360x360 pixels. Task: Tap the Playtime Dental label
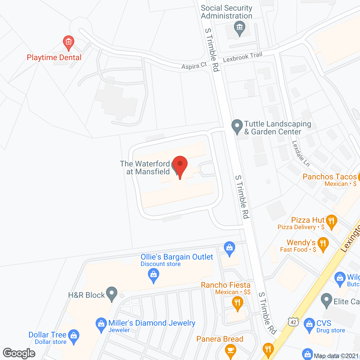pos(54,58)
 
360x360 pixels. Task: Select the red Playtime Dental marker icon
pos(68,42)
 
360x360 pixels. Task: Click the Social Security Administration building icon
pos(240,28)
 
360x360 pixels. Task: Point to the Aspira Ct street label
pos(194,66)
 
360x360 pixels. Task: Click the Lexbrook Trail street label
pos(242,57)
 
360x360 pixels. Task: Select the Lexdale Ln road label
pos(301,154)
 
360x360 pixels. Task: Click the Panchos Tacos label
pos(330,177)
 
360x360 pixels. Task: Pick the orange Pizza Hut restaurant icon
pos(332,221)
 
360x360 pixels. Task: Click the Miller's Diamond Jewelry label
pos(152,323)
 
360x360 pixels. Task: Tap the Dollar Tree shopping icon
pos(74,336)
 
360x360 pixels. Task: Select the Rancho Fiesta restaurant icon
pos(238,303)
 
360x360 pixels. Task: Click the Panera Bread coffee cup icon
pos(231,350)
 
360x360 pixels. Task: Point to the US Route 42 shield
pos(293,322)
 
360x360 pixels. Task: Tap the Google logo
pos(19,353)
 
